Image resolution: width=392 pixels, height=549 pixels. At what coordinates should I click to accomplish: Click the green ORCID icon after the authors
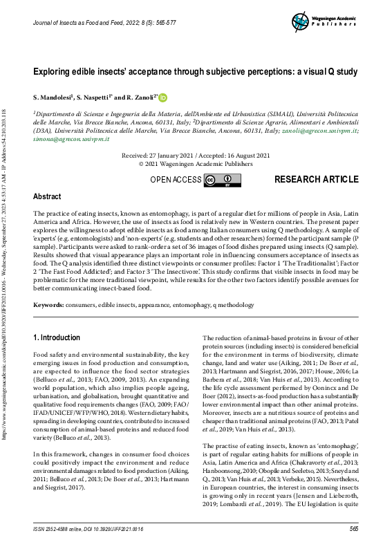tap(164, 97)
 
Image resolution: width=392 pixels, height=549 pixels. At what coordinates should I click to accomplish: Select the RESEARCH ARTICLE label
tap(316, 180)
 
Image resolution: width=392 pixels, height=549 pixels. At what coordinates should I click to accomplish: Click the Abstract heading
tap(47, 197)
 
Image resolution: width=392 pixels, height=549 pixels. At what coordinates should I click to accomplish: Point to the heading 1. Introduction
tap(57, 337)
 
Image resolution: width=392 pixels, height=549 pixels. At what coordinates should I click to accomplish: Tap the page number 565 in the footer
tap(353, 529)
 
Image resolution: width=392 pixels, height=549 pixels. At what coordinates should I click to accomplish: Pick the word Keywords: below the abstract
tap(49, 305)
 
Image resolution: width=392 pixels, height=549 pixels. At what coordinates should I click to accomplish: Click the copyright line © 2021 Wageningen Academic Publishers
tap(196, 165)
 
